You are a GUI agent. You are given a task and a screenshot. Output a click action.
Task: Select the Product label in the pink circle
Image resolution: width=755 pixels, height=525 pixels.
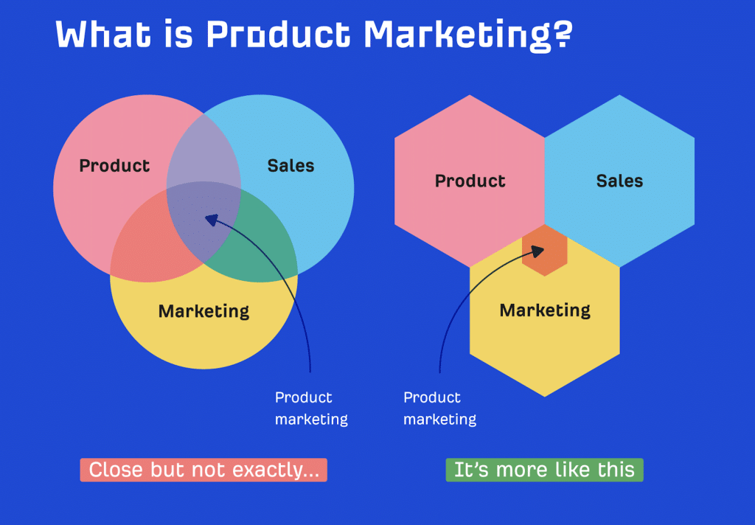pyautogui.click(x=114, y=165)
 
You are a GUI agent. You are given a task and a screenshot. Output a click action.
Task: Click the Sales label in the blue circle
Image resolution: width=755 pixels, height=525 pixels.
pyautogui.click(x=290, y=165)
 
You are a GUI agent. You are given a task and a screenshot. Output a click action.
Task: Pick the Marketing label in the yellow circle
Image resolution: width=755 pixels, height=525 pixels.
pyautogui.click(x=203, y=310)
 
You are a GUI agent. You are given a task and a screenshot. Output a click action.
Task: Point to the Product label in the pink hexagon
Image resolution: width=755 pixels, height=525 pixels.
pyautogui.click(x=470, y=181)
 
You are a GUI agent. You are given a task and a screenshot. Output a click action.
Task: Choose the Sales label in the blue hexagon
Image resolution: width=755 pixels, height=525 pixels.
pyautogui.click(x=619, y=181)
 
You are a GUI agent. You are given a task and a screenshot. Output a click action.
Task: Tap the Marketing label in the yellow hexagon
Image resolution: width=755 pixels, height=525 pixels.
pyautogui.click(x=545, y=310)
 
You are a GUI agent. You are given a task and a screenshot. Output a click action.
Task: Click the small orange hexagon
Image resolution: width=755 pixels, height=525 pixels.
pyautogui.click(x=545, y=251)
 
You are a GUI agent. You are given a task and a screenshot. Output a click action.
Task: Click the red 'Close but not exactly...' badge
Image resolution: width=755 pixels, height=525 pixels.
pyautogui.click(x=203, y=470)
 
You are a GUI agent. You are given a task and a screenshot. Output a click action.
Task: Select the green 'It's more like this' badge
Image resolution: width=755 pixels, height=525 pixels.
pyautogui.click(x=544, y=470)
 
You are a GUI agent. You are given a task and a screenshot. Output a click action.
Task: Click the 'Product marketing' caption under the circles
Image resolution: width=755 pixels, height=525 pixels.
pyautogui.click(x=311, y=408)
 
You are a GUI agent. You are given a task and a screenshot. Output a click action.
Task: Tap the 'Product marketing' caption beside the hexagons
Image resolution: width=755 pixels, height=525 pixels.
pyautogui.click(x=439, y=408)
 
